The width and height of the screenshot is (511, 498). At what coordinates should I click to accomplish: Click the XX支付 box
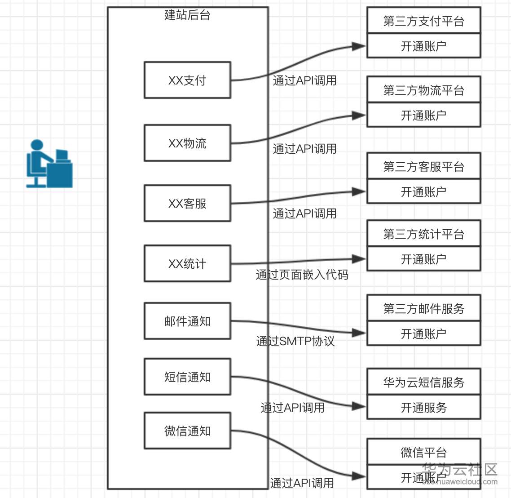tap(187, 80)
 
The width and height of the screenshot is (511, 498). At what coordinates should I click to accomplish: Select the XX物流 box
tap(187, 143)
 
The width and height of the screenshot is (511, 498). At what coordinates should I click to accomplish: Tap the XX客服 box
tap(187, 204)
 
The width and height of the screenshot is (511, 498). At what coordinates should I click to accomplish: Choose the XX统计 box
tap(187, 264)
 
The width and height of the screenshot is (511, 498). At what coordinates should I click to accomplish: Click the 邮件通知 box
tap(187, 321)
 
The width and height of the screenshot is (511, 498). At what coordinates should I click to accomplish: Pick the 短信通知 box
tap(187, 377)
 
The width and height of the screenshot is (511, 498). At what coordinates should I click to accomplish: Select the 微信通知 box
tap(187, 431)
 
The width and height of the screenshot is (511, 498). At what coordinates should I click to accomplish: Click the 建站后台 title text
tap(187, 15)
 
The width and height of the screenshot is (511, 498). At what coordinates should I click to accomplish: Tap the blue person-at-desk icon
tap(49, 164)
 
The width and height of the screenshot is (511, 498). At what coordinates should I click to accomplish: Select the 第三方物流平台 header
tap(423, 90)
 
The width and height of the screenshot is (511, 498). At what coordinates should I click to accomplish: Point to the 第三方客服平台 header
tap(423, 167)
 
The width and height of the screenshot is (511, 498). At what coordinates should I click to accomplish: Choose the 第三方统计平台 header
tap(423, 234)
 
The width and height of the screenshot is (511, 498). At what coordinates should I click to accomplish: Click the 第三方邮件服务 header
tap(423, 309)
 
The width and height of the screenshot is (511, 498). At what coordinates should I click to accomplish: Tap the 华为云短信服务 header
tap(423, 382)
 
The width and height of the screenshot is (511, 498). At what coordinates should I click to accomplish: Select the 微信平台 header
tap(423, 452)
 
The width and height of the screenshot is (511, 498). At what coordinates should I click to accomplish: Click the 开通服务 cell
tap(423, 408)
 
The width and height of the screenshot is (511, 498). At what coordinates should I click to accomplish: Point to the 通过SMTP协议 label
tap(295, 341)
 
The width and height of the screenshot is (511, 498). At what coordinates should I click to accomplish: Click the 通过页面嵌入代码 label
tap(302, 275)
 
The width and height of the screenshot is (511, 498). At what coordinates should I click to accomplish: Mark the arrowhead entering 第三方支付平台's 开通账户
tap(359, 46)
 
